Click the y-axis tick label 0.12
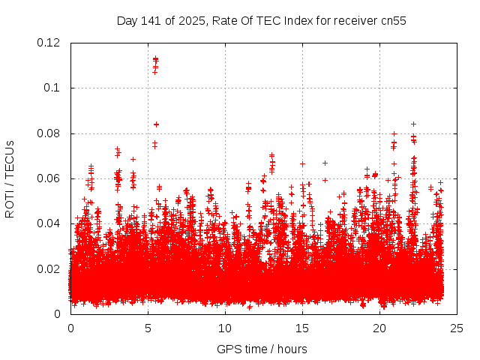pyautogui.click(x=49, y=43)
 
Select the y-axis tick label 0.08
pyautogui.click(x=49, y=133)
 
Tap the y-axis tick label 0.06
pyautogui.click(x=49, y=178)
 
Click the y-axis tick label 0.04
pyautogui.click(x=49, y=223)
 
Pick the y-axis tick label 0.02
pyautogui.click(x=49, y=268)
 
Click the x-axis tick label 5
pyautogui.click(x=148, y=328)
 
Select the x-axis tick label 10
pyautogui.click(x=225, y=328)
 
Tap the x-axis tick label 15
pyautogui.click(x=302, y=328)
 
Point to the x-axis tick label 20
pyautogui.click(x=379, y=328)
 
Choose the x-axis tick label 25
pyautogui.click(x=457, y=328)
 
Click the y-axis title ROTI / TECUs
pyautogui.click(x=10, y=178)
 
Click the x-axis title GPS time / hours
pyautogui.click(x=262, y=349)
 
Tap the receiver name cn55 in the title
pyautogui.click(x=392, y=21)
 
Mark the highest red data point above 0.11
pyautogui.click(x=155, y=58)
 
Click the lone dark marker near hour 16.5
pyautogui.click(x=325, y=163)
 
